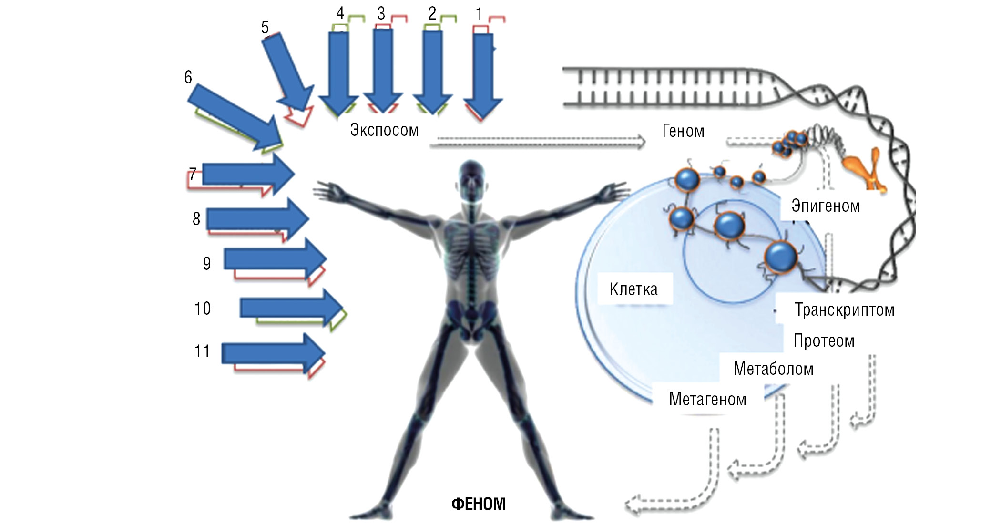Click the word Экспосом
(x=384, y=130)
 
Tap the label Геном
(x=683, y=131)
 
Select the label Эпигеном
(x=826, y=206)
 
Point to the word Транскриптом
(x=844, y=310)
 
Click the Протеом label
(x=824, y=341)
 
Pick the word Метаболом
(x=773, y=369)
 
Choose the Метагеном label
(x=707, y=399)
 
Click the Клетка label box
(x=634, y=289)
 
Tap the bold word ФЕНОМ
(x=478, y=504)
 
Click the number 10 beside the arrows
(x=203, y=309)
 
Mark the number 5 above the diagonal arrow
(x=265, y=27)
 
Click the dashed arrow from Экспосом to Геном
(x=538, y=142)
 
